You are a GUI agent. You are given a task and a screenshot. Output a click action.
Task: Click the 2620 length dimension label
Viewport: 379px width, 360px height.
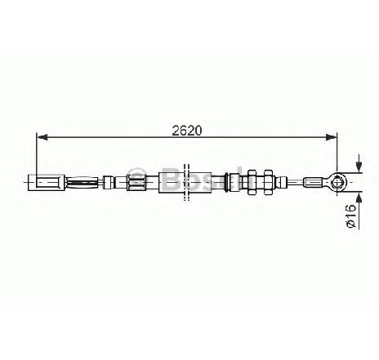187,131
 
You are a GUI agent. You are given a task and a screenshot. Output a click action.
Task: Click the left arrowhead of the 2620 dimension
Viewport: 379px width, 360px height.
42,137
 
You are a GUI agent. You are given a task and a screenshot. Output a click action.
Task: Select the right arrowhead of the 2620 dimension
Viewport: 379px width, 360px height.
332,137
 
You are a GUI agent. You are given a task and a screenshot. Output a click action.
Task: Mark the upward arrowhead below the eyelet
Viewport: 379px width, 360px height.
359,198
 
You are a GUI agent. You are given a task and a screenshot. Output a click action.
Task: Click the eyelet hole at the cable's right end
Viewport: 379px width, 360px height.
337,182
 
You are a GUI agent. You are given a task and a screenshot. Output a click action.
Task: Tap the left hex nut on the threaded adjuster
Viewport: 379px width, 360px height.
251,182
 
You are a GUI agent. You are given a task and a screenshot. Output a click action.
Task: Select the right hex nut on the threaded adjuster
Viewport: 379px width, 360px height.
269,182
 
